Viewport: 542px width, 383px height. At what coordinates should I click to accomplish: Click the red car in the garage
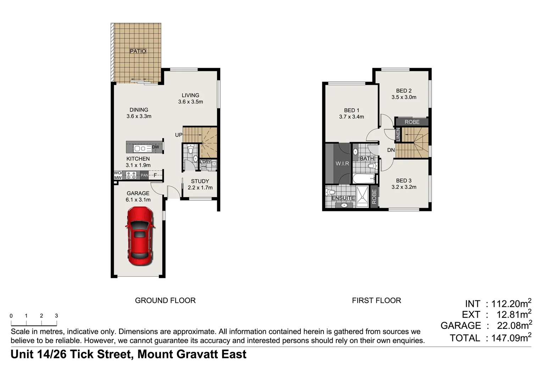[x=140, y=236]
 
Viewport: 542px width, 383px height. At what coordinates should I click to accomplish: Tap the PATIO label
[x=138, y=51]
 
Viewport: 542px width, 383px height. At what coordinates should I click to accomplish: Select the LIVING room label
[x=190, y=95]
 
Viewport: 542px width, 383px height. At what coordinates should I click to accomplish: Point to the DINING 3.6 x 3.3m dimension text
[x=139, y=116]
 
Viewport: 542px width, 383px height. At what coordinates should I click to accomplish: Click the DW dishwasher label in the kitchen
[x=155, y=147]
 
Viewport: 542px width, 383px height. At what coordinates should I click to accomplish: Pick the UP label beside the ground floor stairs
[x=179, y=135]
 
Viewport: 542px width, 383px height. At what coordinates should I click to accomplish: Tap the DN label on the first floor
[x=391, y=150]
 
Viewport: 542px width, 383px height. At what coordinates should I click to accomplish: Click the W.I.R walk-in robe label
[x=342, y=163]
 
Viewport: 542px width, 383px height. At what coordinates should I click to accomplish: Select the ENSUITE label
[x=343, y=198]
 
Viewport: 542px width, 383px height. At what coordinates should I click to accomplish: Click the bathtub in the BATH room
[x=364, y=178]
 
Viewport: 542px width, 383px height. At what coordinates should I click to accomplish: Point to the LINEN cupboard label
[x=398, y=135]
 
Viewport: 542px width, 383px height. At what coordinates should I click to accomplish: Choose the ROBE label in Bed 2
[x=412, y=122]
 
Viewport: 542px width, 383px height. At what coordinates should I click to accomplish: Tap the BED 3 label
[x=404, y=181]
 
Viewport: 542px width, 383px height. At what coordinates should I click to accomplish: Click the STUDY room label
[x=200, y=181]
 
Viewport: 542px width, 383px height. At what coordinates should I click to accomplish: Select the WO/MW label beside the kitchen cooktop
[x=118, y=175]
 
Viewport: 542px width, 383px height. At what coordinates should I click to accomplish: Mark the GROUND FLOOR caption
[x=165, y=300]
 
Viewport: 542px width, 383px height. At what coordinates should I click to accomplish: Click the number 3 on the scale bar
[x=56, y=316]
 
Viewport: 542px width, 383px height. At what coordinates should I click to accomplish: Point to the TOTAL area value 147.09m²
[x=511, y=338]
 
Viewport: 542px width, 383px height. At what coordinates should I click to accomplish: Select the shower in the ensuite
[x=362, y=196]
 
